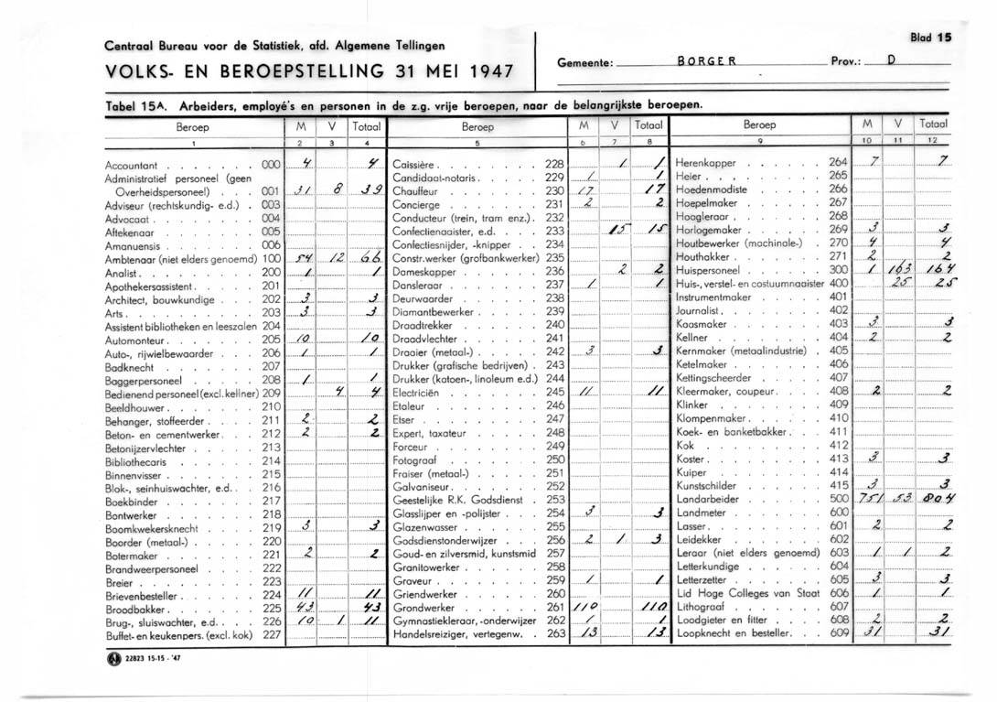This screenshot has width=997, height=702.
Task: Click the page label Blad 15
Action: pos(931,38)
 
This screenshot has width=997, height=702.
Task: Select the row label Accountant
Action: pos(132,165)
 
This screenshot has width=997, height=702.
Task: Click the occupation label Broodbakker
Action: pos(134,608)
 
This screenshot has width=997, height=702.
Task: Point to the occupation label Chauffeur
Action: pos(417,190)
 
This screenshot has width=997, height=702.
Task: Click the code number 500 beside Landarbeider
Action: pos(839,499)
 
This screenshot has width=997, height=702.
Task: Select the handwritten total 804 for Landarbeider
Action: pos(938,499)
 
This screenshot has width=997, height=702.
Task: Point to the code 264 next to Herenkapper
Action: pos(839,163)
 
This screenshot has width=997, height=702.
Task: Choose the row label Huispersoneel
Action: pos(709,270)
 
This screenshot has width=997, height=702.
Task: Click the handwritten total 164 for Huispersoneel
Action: pos(938,270)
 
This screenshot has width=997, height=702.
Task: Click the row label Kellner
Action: pos(692,337)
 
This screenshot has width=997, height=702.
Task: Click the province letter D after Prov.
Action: pos(889,62)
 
